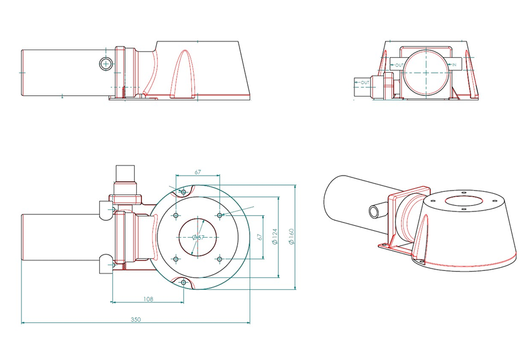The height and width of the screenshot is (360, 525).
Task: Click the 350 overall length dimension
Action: pyautogui.click(x=135, y=319)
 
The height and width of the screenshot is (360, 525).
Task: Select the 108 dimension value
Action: pyautogui.click(x=148, y=299)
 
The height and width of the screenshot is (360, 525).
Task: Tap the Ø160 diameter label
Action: pyautogui.click(x=291, y=236)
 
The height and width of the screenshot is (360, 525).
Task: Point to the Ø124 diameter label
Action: pyautogui.click(x=275, y=236)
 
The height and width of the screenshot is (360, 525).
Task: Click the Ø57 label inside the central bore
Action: pyautogui.click(x=198, y=238)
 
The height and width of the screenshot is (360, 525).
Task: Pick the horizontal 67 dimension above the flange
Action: pyautogui.click(x=198, y=172)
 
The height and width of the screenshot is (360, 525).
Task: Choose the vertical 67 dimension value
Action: pyautogui.click(x=260, y=237)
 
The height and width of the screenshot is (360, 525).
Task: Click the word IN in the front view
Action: pyautogui.click(x=454, y=65)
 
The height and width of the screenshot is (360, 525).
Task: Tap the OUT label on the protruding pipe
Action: pyautogui.click(x=364, y=82)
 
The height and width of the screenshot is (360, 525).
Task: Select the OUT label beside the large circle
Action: pyautogui.click(x=399, y=65)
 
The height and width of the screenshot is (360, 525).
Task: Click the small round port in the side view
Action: pyautogui.click(x=106, y=63)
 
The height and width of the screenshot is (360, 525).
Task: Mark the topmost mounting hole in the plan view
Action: pyautogui.click(x=183, y=192)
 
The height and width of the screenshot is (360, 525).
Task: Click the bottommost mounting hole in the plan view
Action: pyautogui.click(x=183, y=282)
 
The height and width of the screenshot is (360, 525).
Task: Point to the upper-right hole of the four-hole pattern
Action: pyautogui.click(x=220, y=215)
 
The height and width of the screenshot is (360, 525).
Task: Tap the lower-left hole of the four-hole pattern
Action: pyautogui.click(x=176, y=258)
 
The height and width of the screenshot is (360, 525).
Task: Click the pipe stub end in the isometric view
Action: pyautogui.click(x=374, y=212)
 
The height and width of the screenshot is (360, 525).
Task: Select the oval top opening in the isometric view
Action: pyautogui.click(x=464, y=201)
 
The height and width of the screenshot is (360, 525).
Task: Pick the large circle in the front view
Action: pyautogui.click(x=425, y=72)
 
